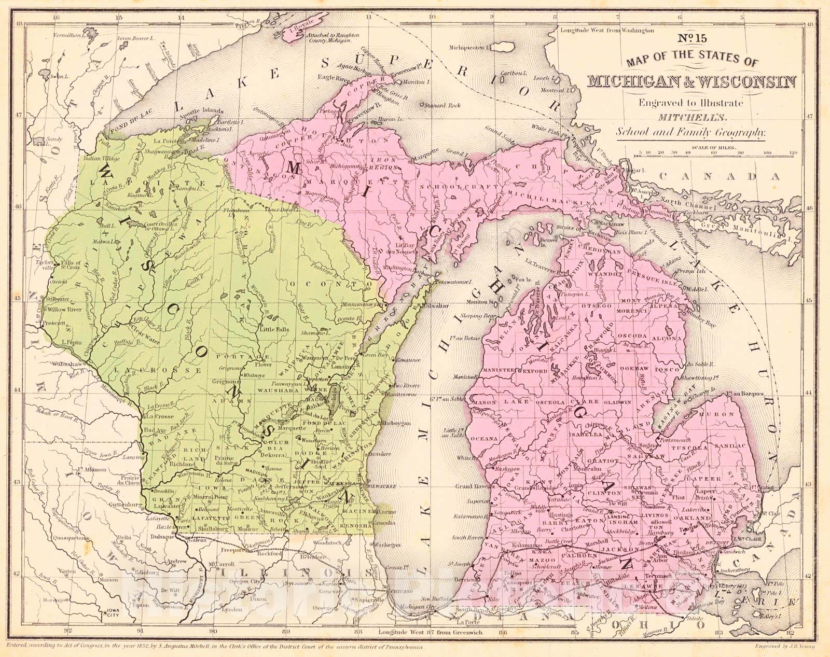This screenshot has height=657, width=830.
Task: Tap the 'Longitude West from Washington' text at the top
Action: pos(607,31)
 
